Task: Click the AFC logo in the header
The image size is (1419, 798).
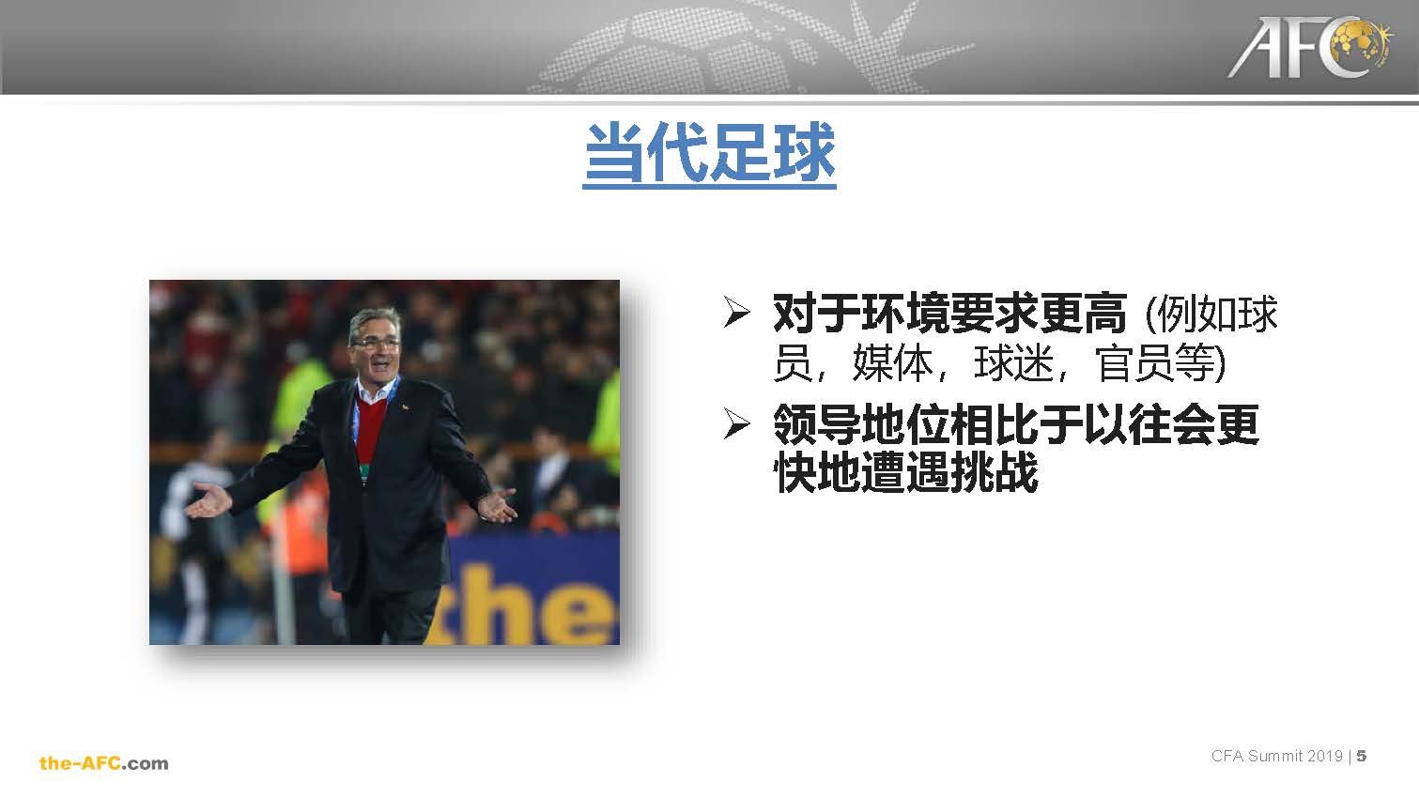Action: tap(1309, 48)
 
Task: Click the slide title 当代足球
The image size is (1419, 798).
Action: tap(710, 154)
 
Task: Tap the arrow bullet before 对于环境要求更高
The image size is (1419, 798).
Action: tap(737, 312)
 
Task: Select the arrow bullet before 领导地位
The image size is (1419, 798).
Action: tap(737, 423)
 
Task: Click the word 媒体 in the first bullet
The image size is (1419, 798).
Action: tap(892, 363)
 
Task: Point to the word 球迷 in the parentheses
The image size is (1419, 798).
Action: tap(1013, 363)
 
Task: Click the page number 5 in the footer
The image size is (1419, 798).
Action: tap(1361, 756)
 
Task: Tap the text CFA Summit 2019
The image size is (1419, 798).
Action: tap(1276, 756)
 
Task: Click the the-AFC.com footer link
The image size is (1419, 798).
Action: tap(104, 763)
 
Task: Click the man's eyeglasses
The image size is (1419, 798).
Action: tap(376, 343)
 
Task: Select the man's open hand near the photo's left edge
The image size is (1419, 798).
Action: tap(208, 500)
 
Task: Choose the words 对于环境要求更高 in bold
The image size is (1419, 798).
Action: tap(949, 314)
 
